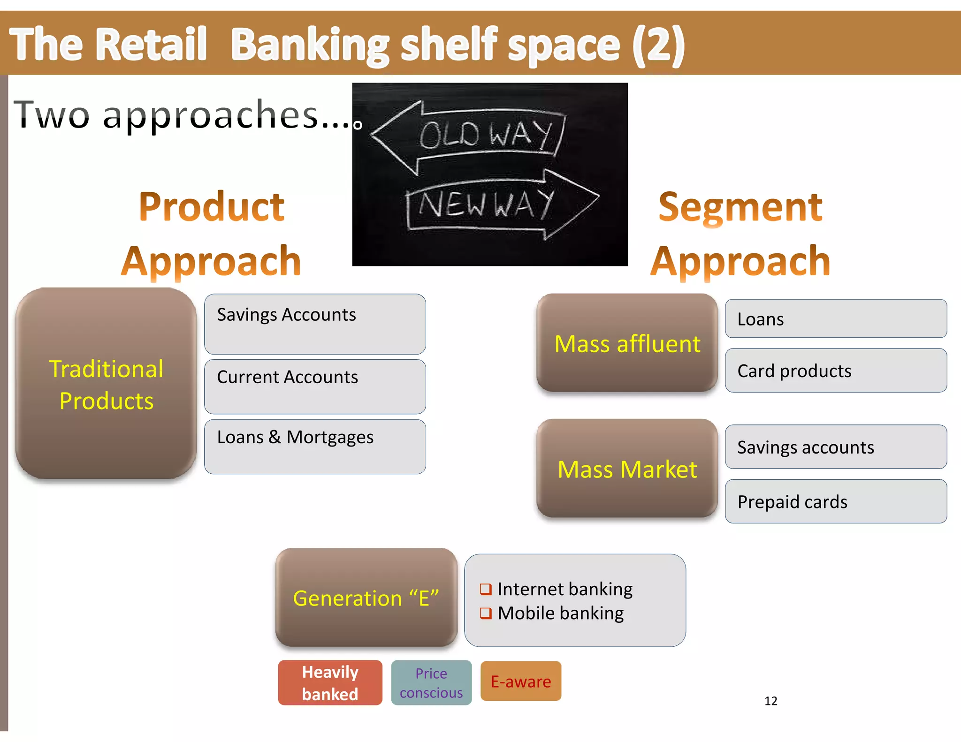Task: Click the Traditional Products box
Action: [x=106, y=384]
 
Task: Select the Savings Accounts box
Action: [x=315, y=324]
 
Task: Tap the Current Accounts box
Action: [x=315, y=386]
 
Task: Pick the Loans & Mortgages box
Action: [x=315, y=446]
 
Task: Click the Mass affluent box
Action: [x=627, y=343]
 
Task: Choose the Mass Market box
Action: [x=627, y=469]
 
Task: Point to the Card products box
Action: [x=836, y=371]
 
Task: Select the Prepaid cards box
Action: [x=836, y=501]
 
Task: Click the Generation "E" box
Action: [x=366, y=598]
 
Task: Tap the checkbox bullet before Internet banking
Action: [x=486, y=589]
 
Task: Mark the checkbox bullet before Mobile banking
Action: [x=486, y=613]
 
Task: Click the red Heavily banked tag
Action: [x=330, y=682]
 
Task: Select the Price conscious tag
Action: [x=431, y=682]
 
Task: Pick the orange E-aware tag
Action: [x=521, y=681]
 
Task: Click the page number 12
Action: [x=770, y=701]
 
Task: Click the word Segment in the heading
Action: [x=740, y=207]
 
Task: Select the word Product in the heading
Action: [x=212, y=207]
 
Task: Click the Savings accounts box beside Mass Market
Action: [x=836, y=447]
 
